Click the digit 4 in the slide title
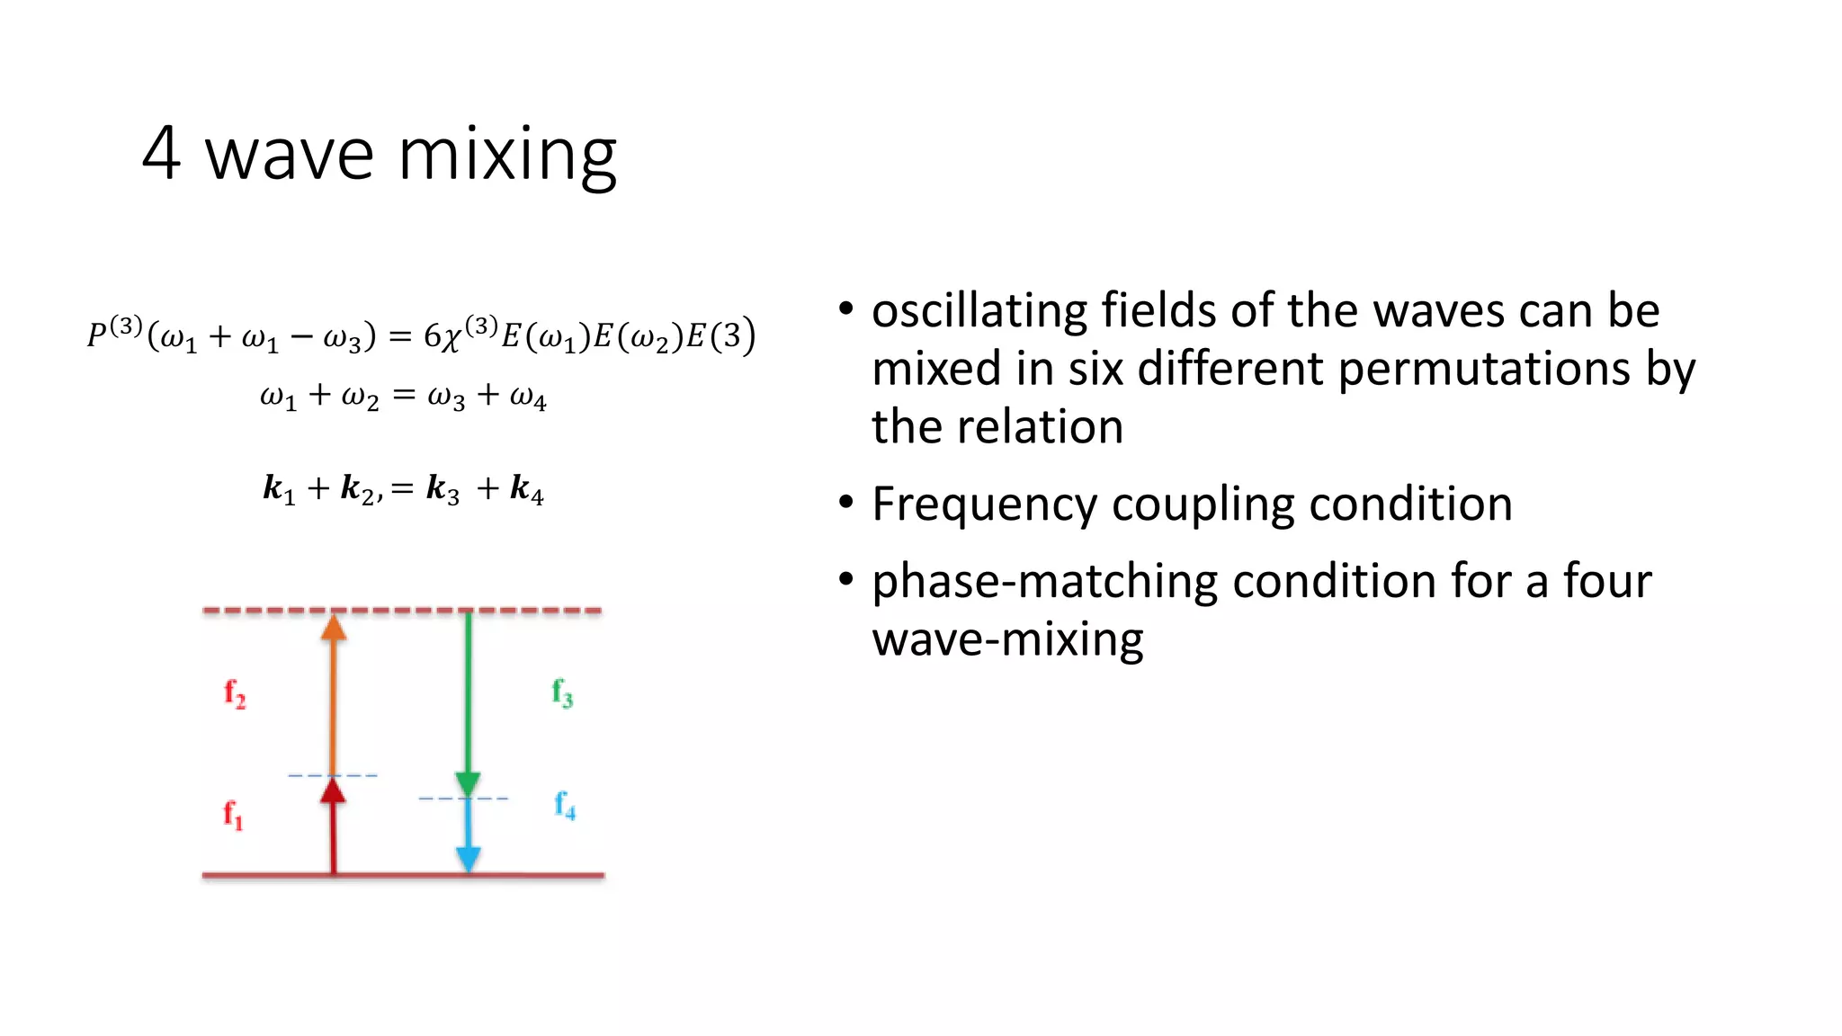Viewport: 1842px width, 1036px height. (x=162, y=154)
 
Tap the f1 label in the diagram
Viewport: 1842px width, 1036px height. (x=233, y=815)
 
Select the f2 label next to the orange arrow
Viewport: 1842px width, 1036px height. (x=235, y=693)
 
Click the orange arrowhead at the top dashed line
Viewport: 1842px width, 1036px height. (x=334, y=627)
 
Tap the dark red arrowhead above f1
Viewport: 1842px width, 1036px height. (x=334, y=790)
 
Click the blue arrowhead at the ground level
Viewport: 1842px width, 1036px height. (x=468, y=859)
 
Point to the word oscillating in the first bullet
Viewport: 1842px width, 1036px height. (x=979, y=311)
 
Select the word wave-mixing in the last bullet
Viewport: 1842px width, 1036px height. (x=1007, y=639)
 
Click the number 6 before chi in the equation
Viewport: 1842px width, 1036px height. (x=433, y=336)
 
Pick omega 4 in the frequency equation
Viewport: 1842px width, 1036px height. (x=528, y=397)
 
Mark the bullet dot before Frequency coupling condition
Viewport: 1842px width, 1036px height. (x=845, y=502)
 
